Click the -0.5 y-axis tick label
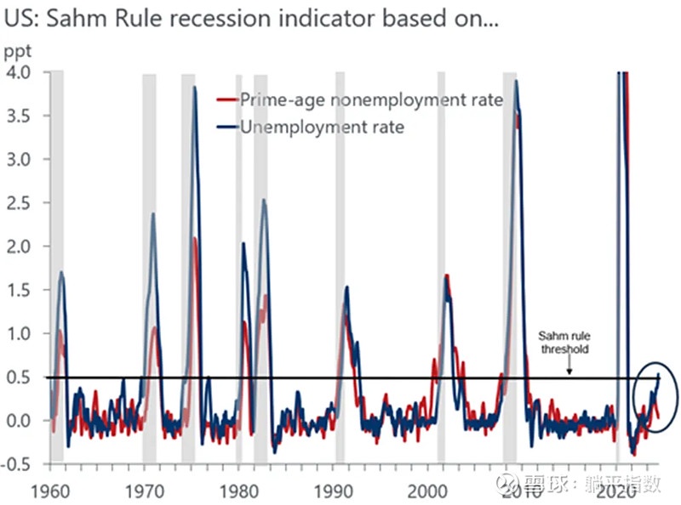tap(18, 464)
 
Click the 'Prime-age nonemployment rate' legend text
tap(371, 100)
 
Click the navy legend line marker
tap(227, 127)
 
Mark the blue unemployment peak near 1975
tap(194, 88)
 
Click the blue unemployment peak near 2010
tap(516, 82)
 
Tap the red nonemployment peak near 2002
tap(447, 275)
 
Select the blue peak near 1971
tap(153, 213)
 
